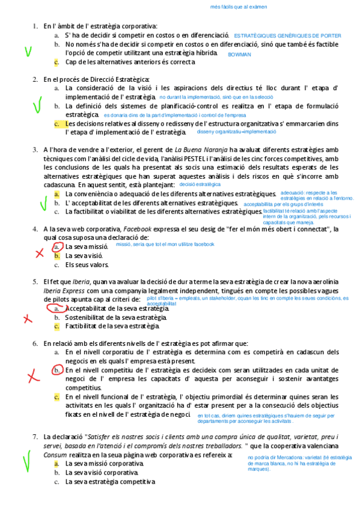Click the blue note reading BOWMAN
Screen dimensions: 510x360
239,54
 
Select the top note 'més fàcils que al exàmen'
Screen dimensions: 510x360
239,7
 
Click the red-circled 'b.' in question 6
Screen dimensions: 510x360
56,370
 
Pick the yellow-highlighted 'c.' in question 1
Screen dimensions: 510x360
56,62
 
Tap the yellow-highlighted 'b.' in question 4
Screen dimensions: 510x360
56,256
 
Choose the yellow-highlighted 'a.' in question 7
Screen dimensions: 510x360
56,464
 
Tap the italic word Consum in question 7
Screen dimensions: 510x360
53,455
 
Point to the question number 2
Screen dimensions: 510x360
35,79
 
